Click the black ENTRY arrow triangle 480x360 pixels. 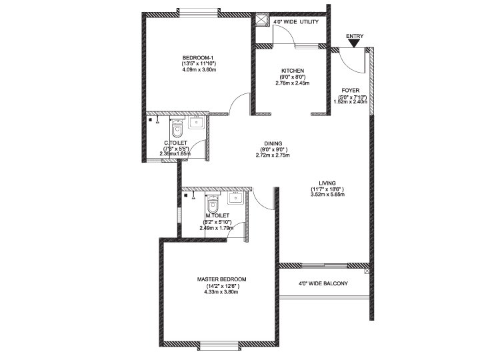(355, 44)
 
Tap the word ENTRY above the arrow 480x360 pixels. (355, 36)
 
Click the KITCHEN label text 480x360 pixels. (293, 71)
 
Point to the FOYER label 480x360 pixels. (351, 91)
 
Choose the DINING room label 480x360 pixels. (273, 143)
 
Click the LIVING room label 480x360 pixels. (327, 183)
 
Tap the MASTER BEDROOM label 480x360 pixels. (221, 279)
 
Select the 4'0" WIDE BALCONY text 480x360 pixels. (323, 284)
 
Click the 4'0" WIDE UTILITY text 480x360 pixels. (296, 22)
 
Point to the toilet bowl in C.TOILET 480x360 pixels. (177, 129)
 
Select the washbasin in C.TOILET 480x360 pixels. (196, 123)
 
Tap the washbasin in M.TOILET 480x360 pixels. (235, 198)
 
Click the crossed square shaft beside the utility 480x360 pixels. (261, 21)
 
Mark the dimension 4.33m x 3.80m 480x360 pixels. (221, 292)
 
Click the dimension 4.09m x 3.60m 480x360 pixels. (199, 70)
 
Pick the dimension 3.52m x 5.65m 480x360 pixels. (327, 195)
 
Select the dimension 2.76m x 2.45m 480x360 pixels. (293, 83)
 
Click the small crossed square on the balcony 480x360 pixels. (367, 271)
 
